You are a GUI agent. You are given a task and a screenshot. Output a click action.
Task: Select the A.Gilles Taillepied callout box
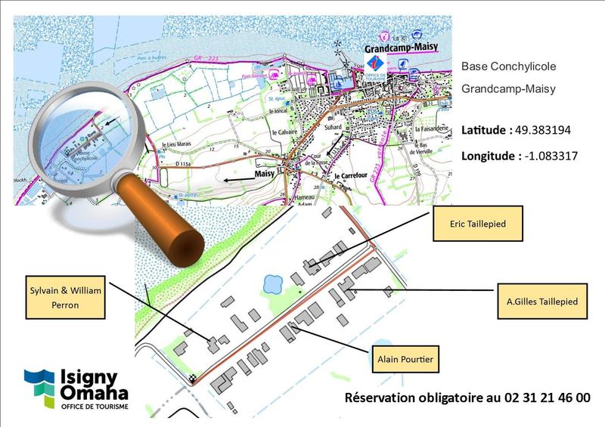542,302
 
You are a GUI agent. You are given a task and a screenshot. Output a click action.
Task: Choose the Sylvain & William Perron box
65,299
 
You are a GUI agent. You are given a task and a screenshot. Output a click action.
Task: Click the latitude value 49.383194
544,130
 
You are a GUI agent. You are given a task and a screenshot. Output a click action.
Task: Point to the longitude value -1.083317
548,156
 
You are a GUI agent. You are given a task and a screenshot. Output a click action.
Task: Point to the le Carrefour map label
350,176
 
